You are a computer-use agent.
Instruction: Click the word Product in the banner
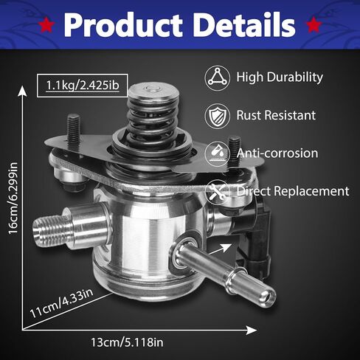pos(123,25)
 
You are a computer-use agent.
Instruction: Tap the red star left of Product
pos(46,25)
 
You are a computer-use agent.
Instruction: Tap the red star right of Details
pos(314,25)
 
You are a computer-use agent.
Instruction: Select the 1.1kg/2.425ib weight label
pos(83,86)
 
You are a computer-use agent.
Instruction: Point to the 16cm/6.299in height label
pos(13,198)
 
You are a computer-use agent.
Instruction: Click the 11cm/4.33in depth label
pos(61,303)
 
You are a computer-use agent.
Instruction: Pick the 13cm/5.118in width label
pos(127,342)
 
